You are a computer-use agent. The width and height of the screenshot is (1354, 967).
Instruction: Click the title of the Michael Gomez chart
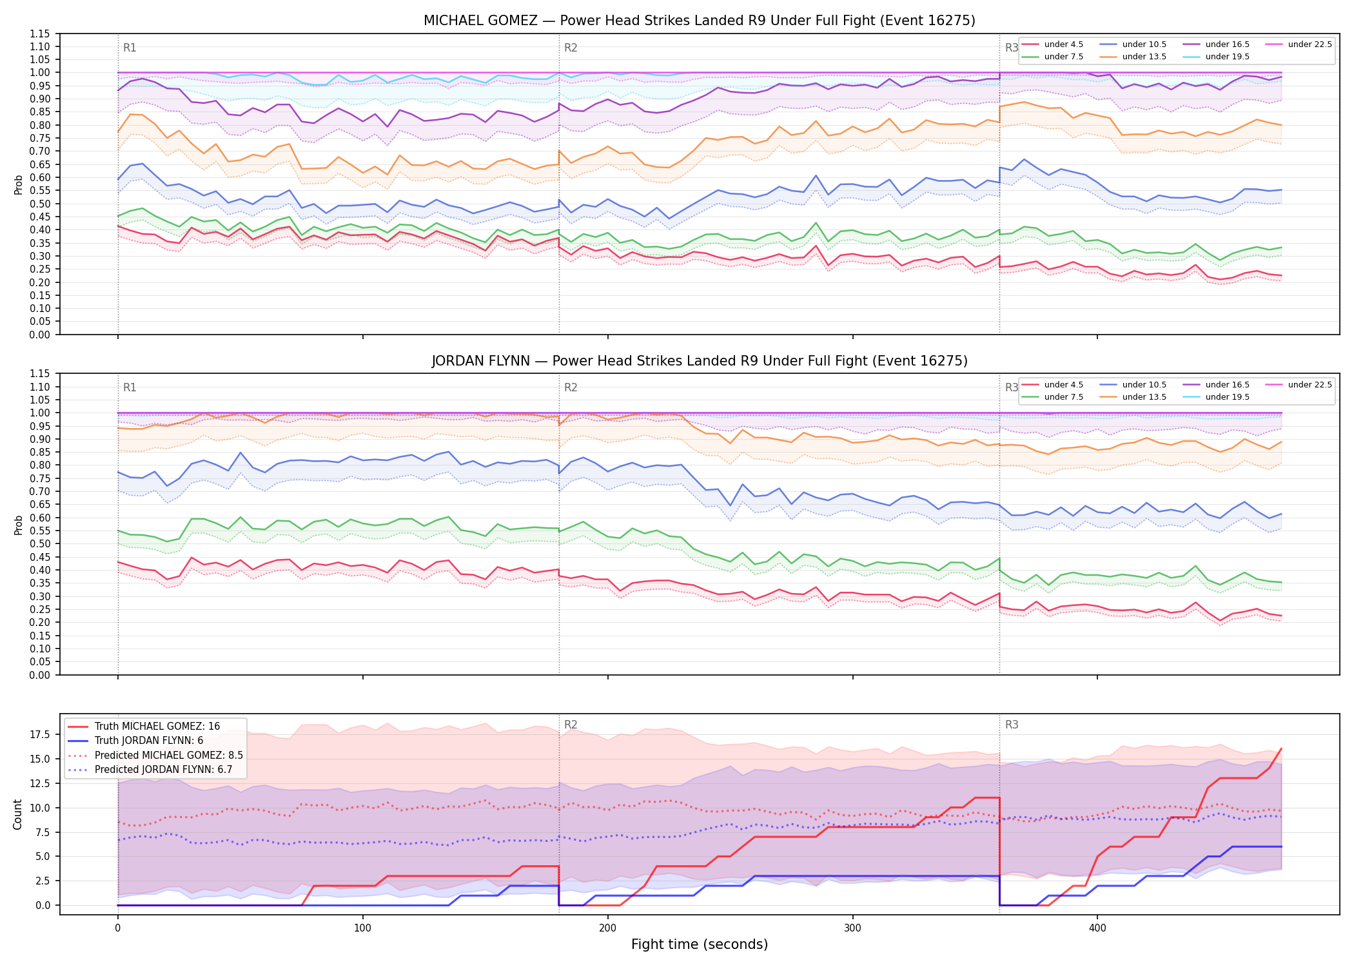[700, 21]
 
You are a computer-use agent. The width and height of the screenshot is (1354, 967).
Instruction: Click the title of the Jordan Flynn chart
[700, 361]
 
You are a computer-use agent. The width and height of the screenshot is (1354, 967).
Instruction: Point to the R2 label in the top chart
[571, 48]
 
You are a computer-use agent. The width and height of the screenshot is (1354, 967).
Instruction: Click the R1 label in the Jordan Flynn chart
[130, 387]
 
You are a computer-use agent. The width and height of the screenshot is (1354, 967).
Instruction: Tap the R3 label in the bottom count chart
[1012, 725]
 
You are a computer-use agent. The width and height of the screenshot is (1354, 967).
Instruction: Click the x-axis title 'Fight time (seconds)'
[700, 944]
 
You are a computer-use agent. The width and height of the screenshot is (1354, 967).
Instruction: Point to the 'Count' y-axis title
[17, 814]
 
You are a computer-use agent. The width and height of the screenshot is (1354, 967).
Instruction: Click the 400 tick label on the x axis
[1097, 928]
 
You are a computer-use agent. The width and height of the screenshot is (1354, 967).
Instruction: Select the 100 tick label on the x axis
[362, 928]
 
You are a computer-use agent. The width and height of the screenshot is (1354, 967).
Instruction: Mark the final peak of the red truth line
[1281, 748]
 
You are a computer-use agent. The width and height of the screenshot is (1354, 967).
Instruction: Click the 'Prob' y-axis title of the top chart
[18, 184]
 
